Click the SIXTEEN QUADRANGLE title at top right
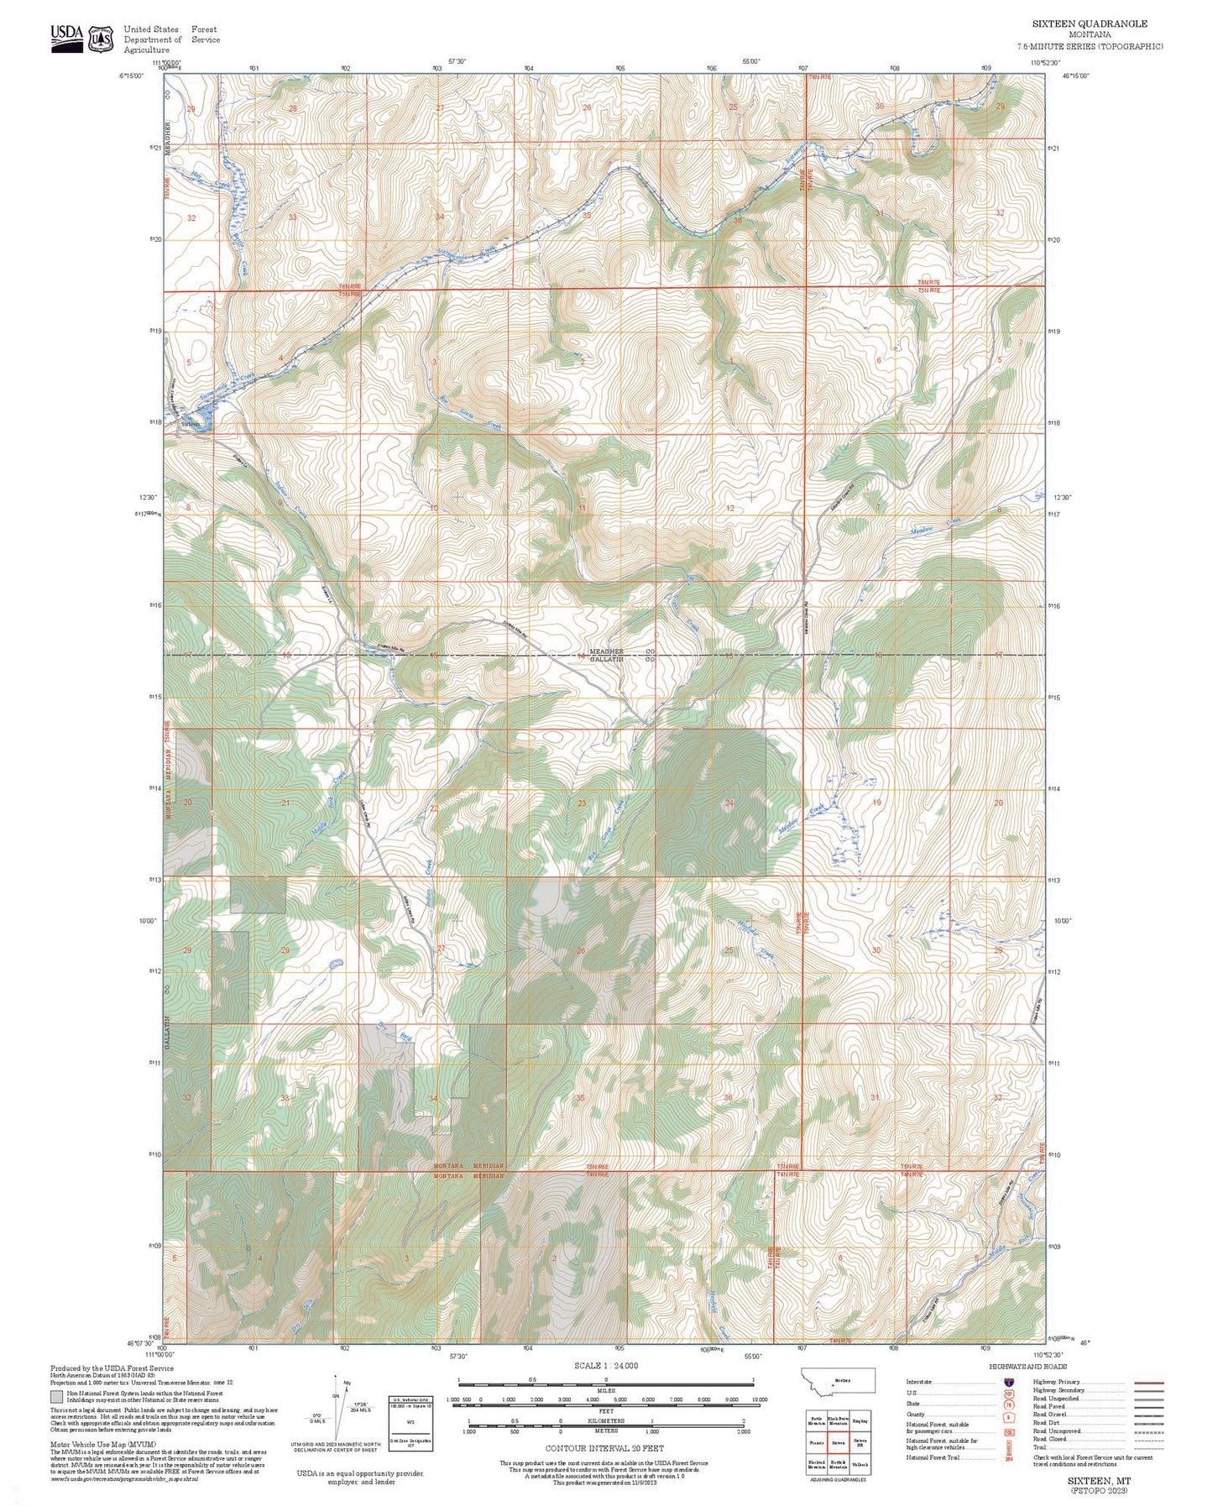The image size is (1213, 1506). point(1089,24)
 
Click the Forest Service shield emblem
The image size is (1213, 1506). point(102,39)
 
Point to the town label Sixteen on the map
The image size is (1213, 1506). point(191,424)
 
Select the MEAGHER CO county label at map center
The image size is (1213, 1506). point(621,651)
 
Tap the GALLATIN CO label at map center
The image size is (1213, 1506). point(621,661)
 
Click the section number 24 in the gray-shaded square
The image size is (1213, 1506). point(729,803)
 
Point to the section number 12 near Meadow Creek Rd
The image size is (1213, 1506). point(730,508)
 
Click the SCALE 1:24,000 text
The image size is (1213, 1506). point(606,1366)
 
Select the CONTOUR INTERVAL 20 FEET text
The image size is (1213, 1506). point(604,1448)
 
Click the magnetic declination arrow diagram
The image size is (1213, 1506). point(341,1410)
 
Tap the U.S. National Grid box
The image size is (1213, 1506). point(410,1425)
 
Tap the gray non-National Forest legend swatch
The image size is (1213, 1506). point(56,1397)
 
